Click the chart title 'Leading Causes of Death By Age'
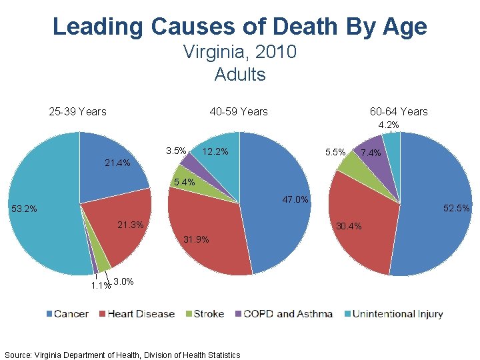click(239, 27)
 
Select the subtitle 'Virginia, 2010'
click(239, 51)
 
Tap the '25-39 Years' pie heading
click(77, 111)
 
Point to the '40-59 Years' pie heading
click(238, 111)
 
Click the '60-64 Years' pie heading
click(399, 111)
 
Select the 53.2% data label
click(24, 209)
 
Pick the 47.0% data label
click(295, 199)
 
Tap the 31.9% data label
click(195, 239)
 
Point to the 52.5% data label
click(457, 209)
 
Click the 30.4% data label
click(349, 226)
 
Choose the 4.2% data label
click(389, 125)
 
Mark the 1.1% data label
click(101, 286)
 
